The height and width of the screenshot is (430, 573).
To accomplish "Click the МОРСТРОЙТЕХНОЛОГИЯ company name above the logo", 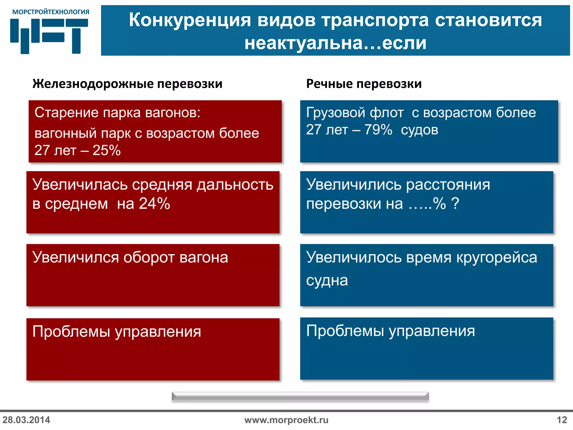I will (x=51, y=12).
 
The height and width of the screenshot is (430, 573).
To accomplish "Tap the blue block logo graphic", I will (x=49, y=36).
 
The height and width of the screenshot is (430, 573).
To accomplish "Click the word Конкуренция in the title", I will (x=190, y=20).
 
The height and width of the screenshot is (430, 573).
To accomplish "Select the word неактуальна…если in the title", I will (x=335, y=43).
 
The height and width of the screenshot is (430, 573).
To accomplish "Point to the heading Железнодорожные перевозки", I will (x=127, y=84).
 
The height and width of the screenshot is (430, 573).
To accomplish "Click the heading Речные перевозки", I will (x=364, y=84).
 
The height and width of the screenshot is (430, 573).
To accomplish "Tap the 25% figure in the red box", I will (x=107, y=151).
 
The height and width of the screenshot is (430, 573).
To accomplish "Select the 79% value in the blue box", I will (x=378, y=130).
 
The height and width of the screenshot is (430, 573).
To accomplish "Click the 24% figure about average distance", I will (x=154, y=204).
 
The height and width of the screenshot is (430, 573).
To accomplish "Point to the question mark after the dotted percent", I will (x=455, y=204).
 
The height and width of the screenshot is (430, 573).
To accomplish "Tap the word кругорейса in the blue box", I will (x=497, y=257).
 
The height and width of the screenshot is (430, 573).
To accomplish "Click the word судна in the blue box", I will (x=327, y=281).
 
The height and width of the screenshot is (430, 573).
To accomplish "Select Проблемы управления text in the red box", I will (x=117, y=332).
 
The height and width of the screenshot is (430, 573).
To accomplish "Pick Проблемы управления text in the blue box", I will (x=390, y=331).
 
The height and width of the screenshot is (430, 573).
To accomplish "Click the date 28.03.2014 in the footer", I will (x=26, y=420).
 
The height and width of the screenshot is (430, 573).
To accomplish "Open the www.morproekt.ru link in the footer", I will (x=286, y=420).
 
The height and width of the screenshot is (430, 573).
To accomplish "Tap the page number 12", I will (x=562, y=420).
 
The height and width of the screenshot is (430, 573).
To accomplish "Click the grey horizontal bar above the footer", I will (x=300, y=397).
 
